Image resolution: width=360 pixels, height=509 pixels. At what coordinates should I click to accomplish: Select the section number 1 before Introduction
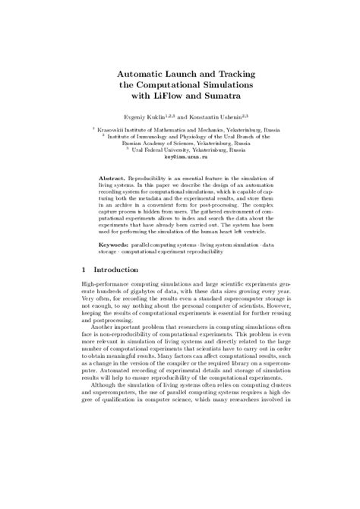[84, 270]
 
